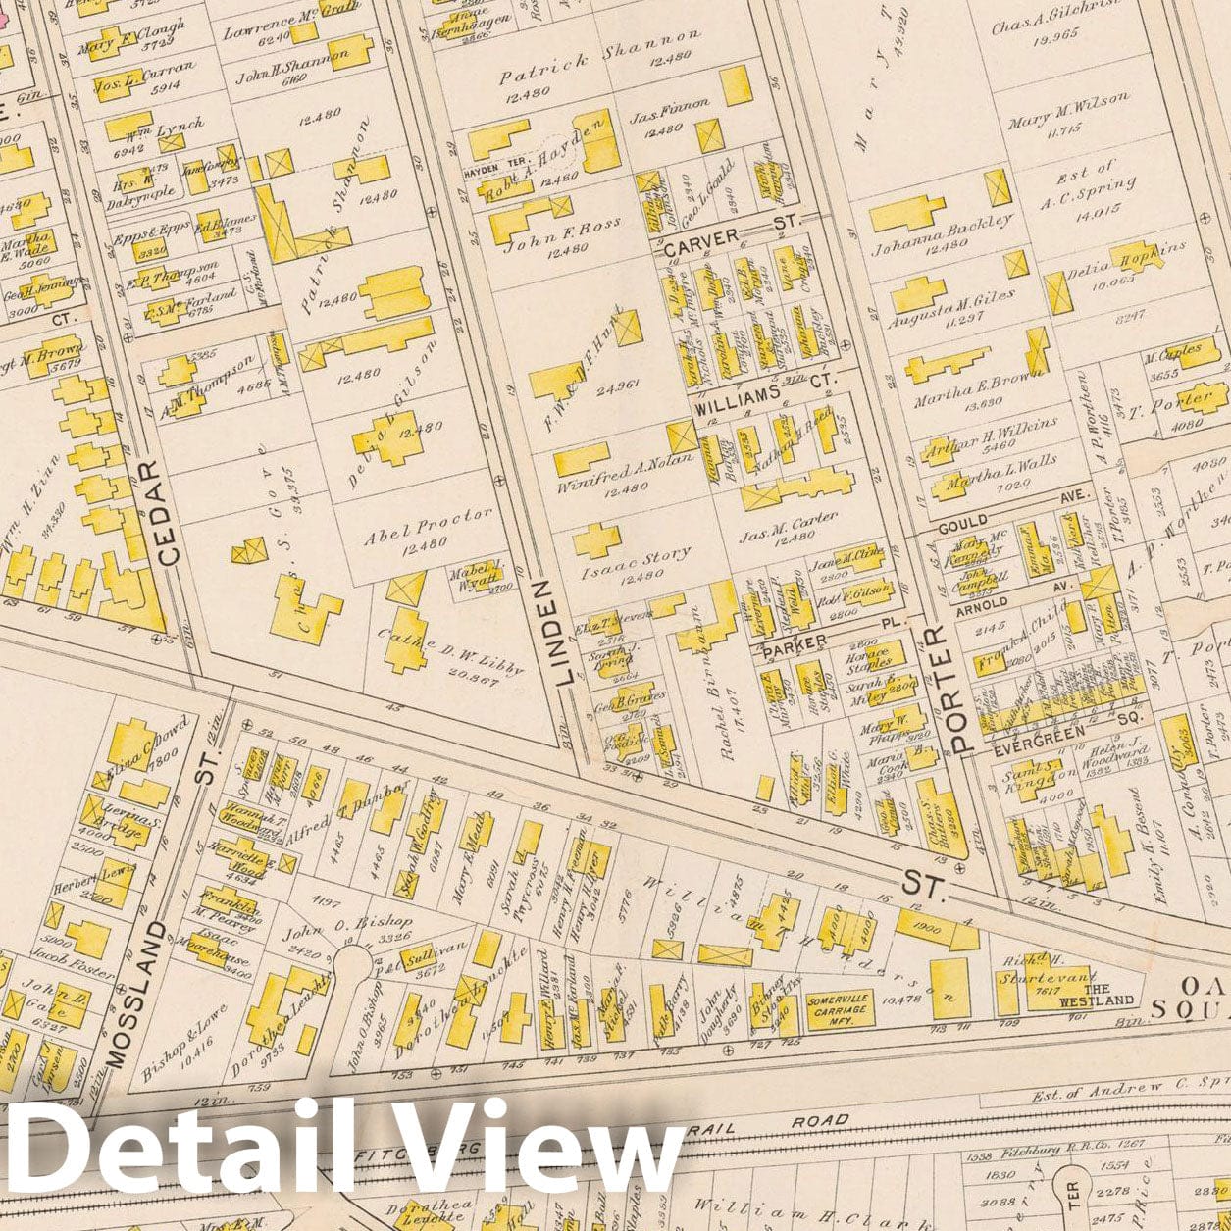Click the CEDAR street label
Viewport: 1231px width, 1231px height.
(168, 513)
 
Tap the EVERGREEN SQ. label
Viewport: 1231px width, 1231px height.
(1042, 731)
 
